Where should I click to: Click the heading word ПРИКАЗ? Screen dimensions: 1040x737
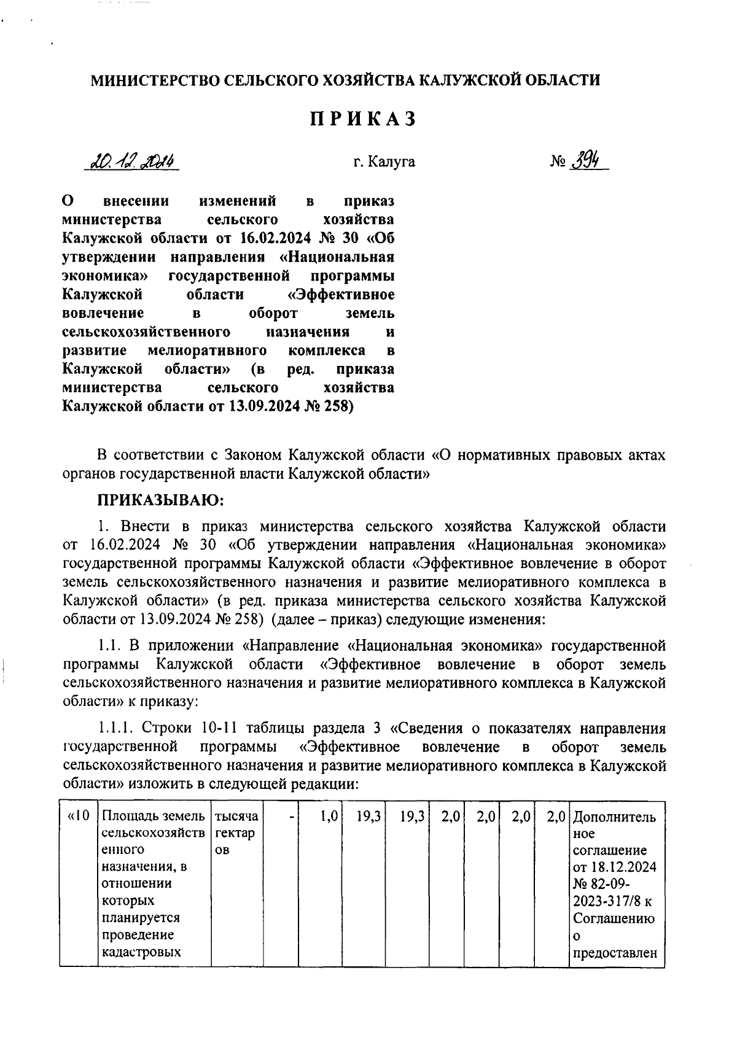(x=363, y=119)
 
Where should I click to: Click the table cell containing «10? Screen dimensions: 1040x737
(x=79, y=817)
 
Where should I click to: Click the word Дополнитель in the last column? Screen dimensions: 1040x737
(x=614, y=817)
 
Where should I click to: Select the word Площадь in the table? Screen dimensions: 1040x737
(x=127, y=817)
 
